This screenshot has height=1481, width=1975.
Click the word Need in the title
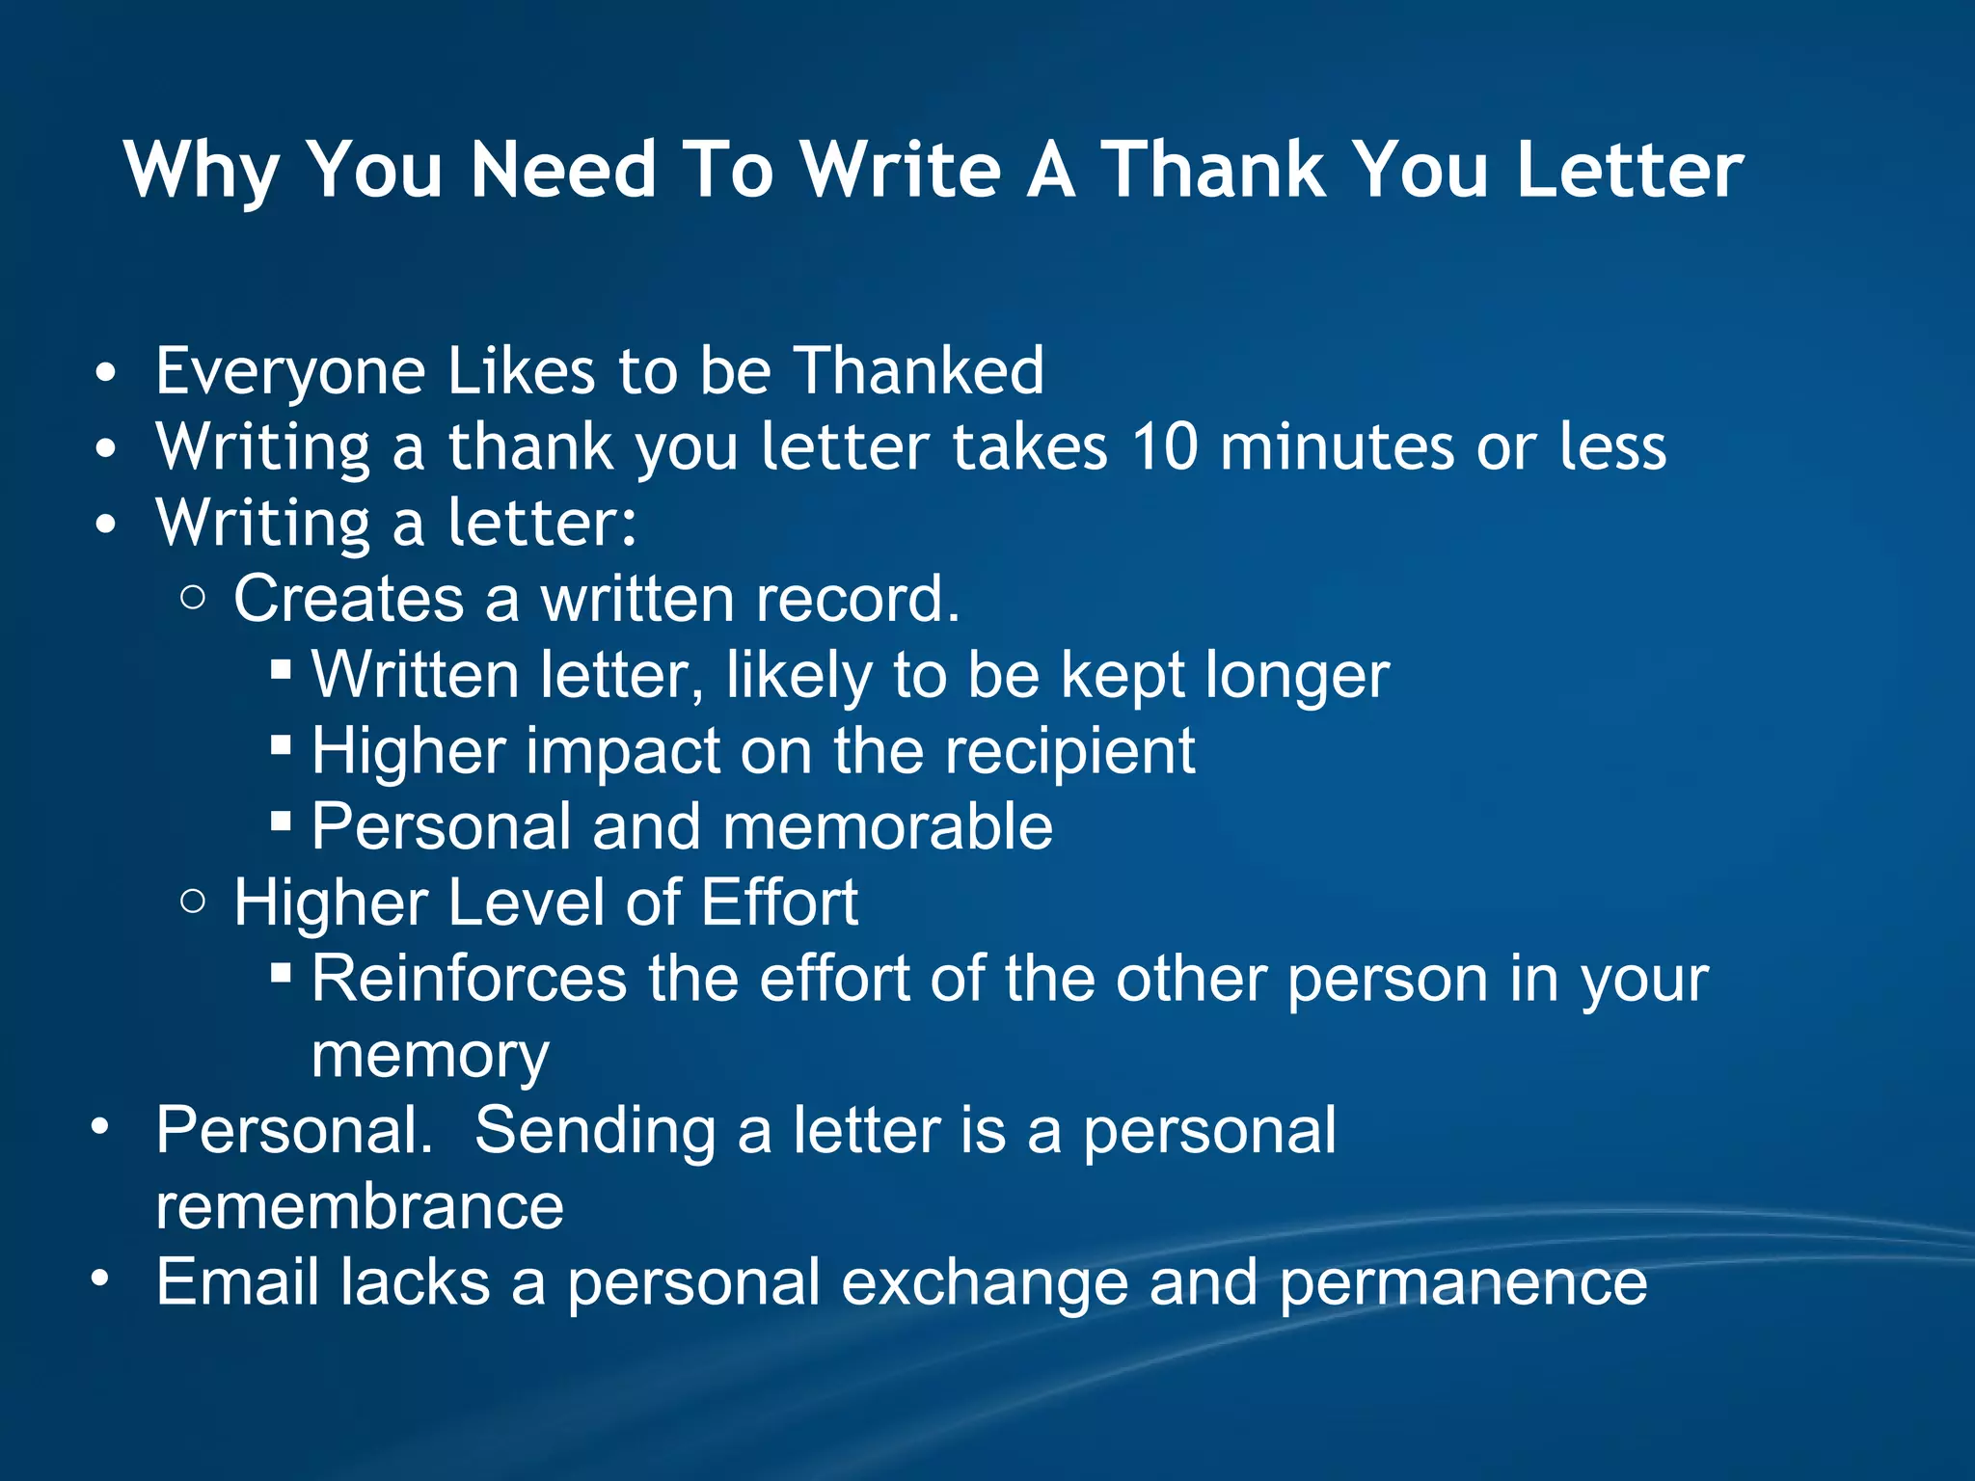point(563,170)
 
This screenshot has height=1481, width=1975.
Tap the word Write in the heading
point(901,170)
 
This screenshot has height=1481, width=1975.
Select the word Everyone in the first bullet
point(290,372)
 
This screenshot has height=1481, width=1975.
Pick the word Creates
point(348,599)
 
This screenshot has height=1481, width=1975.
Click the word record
point(858,599)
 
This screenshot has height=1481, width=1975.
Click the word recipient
point(1069,751)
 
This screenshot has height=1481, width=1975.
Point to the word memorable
point(887,827)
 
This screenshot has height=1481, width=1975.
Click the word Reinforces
point(470,980)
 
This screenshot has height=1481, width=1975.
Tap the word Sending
point(595,1131)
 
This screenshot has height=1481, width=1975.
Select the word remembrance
point(360,1207)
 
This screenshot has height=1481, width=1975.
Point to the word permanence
point(1463,1283)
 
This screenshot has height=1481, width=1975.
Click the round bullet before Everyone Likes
point(106,372)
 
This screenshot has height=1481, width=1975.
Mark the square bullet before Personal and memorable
point(281,821)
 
